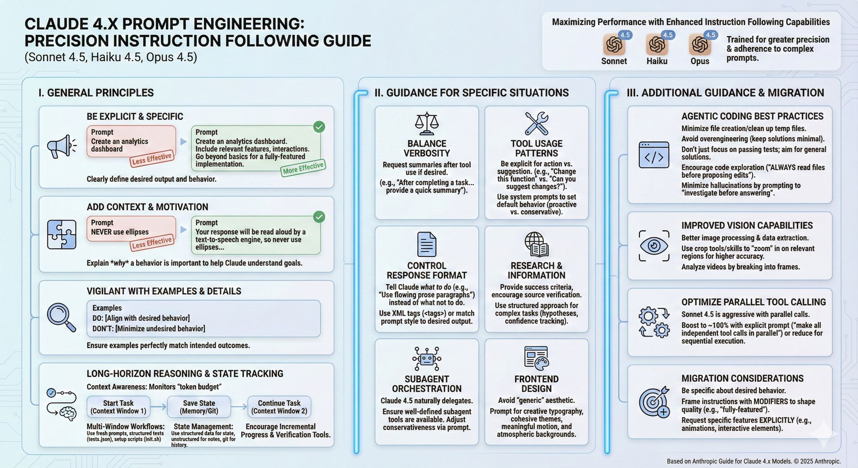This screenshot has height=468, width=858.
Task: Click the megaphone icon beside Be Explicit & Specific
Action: [61, 146]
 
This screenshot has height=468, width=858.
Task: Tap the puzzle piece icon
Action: [62, 235]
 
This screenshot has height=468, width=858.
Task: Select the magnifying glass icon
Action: [61, 317]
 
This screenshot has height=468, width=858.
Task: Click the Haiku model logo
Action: [657, 45]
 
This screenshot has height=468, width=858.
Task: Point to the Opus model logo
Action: [700, 45]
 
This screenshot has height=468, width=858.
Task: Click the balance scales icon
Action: [427, 123]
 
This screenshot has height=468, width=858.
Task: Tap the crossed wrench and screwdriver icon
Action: [537, 123]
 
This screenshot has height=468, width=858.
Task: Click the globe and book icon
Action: [537, 245]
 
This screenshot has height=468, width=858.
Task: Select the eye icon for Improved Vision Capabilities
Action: [654, 246]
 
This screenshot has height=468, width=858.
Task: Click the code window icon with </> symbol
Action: [654, 155]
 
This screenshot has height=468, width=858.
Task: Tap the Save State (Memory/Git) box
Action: [199, 407]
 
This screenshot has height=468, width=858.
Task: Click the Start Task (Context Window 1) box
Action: [118, 407]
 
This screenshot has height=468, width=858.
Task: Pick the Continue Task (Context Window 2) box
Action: [279, 407]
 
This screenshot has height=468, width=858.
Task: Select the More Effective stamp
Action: [303, 168]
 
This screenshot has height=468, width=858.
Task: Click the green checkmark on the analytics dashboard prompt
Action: [319, 127]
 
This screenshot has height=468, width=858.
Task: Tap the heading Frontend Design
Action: [536, 384]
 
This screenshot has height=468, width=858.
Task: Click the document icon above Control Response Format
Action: [427, 245]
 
